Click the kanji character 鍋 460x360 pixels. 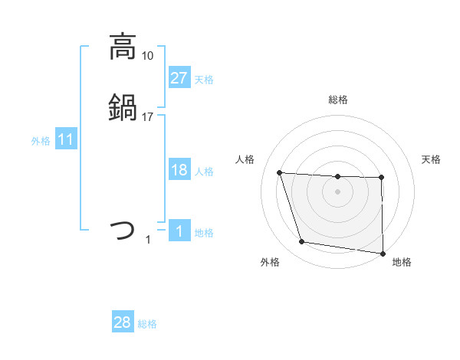[123, 107]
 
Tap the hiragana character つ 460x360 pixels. [123, 230]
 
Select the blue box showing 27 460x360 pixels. [179, 78]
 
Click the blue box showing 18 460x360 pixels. [179, 171]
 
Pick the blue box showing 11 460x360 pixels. [66, 140]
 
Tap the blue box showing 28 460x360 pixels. [122, 322]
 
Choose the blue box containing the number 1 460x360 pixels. [179, 232]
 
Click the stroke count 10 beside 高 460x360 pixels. [148, 56]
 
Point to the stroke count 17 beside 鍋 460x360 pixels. [148, 117]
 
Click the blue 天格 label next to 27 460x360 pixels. [204, 80]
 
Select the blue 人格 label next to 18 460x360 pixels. [204, 172]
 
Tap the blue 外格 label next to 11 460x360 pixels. [40, 141]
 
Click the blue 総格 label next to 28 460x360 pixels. [147, 324]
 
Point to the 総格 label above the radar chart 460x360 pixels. [337, 100]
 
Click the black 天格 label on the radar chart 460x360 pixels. [432, 159]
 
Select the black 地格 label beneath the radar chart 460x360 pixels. [402, 262]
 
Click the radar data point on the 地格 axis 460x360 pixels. [383, 253]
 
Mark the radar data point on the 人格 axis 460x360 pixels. [280, 173]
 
